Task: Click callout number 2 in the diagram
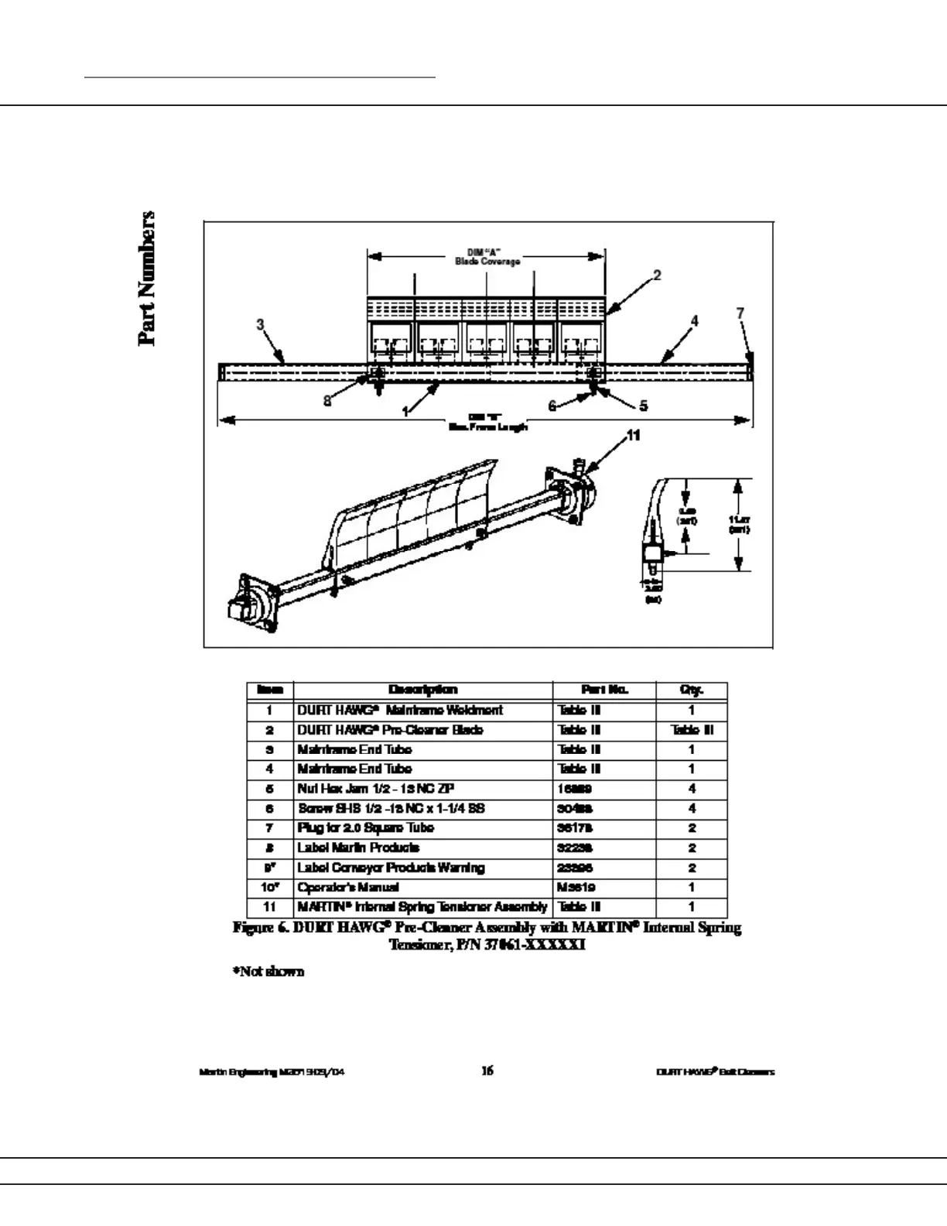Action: pos(657,275)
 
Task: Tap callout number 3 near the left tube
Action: pos(261,324)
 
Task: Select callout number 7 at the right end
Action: pos(740,313)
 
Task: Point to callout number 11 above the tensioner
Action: pos(634,436)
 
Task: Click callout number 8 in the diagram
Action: pos(327,401)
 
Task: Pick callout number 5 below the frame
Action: pos(643,406)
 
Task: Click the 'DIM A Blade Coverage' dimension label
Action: pos(487,257)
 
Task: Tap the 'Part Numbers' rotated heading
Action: pos(147,278)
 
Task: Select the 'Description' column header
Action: pos(422,690)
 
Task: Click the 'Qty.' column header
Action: pos(691,690)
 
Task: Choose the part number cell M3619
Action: pos(576,887)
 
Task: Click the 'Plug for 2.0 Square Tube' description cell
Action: pos(366,827)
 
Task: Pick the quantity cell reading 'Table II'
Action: pos(692,730)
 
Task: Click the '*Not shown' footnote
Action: pos(268,971)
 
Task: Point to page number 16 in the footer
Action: pos(487,1071)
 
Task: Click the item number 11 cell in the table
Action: pos(269,906)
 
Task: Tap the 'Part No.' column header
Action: pos(604,690)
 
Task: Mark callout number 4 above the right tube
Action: pos(694,320)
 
